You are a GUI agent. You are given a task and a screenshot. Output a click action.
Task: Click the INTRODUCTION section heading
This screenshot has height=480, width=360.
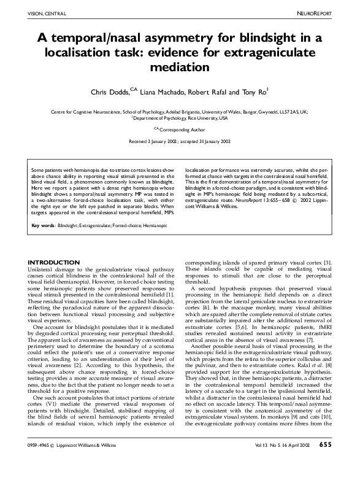tap(54, 263)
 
